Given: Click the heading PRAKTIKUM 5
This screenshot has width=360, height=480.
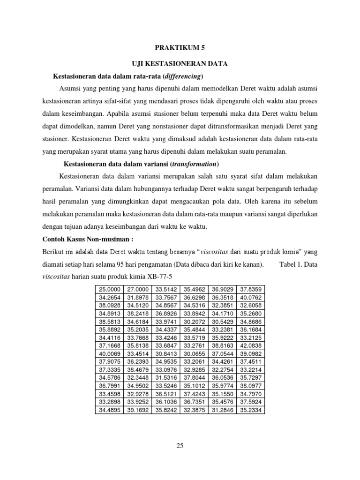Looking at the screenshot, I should click(180, 47).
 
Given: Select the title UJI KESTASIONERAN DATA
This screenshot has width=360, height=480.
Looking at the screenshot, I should click(180, 64).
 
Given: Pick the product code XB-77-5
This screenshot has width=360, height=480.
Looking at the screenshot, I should click(160, 276).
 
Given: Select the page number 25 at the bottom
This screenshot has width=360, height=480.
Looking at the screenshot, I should click(180, 446).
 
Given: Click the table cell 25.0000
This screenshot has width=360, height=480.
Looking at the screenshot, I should click(110, 289).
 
